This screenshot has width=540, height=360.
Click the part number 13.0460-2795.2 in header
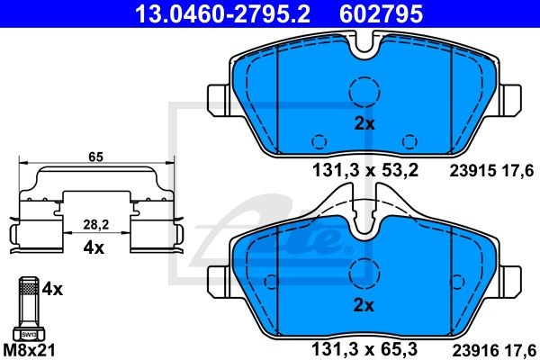(x=222, y=13)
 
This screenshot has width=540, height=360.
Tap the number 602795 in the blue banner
(x=381, y=13)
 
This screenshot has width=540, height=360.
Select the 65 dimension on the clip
(x=95, y=157)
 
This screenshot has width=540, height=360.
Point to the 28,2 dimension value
(x=96, y=225)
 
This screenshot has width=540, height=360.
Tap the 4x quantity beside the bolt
(x=52, y=290)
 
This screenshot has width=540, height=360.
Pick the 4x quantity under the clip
(x=94, y=247)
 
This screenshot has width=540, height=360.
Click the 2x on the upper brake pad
(x=364, y=123)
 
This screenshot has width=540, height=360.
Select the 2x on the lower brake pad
(x=364, y=305)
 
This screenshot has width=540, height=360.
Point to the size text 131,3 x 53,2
(x=365, y=170)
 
